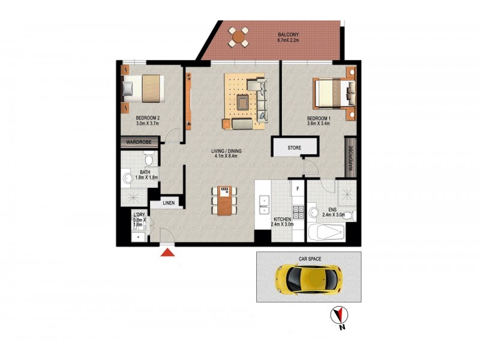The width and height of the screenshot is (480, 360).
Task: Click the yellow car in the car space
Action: pyautogui.click(x=308, y=278)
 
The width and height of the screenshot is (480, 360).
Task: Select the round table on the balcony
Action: pyautogui.click(x=239, y=37)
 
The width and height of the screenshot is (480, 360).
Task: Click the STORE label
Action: pyautogui.click(x=294, y=148)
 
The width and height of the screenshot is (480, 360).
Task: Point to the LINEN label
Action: pyautogui.click(x=168, y=203)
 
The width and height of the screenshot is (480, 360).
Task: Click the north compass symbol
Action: pyautogui.click(x=340, y=316)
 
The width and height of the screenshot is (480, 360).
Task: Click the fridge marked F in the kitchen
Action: pyautogui.click(x=296, y=188)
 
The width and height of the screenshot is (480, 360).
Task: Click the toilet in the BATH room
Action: pyautogui.click(x=149, y=158)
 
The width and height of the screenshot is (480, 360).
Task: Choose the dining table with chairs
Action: pyautogui.click(x=224, y=200)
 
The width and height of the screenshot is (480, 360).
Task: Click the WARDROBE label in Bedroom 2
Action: pyautogui.click(x=139, y=142)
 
